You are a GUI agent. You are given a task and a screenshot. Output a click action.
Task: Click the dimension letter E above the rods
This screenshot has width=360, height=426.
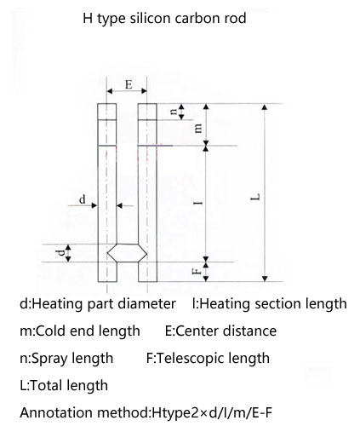click(x=129, y=84)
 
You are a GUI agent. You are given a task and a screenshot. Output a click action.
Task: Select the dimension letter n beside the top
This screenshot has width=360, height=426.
click(x=174, y=112)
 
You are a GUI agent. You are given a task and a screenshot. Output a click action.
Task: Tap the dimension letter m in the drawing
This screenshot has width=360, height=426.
click(x=198, y=128)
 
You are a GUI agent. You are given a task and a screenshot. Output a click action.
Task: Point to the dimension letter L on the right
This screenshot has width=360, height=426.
click(x=255, y=197)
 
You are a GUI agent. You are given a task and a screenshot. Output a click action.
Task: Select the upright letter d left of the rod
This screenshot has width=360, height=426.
click(x=83, y=199)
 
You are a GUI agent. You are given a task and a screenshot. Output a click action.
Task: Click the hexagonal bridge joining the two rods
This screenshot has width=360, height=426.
click(x=127, y=253)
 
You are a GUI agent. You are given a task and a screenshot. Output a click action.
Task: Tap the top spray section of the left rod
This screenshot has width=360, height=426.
click(x=107, y=112)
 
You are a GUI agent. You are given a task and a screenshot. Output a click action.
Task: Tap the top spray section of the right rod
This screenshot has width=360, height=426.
click(x=147, y=112)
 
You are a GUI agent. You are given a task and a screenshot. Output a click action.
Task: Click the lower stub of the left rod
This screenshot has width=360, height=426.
click(x=107, y=272)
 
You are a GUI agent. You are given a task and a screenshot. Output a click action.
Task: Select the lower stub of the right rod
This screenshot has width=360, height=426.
click(x=147, y=272)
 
